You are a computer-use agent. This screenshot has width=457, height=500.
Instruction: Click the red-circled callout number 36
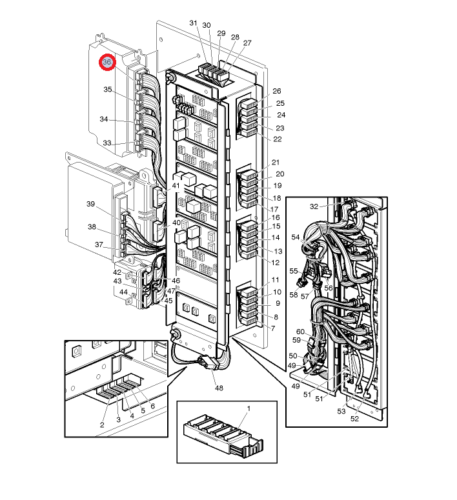(107, 62)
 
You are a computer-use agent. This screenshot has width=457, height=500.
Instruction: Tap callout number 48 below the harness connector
(219, 388)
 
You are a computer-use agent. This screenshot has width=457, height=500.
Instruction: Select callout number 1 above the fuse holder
(249, 408)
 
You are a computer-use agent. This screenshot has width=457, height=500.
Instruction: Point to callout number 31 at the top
(194, 23)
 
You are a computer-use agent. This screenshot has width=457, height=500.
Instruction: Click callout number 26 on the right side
(277, 91)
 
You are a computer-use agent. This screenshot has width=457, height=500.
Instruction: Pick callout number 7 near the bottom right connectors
(273, 328)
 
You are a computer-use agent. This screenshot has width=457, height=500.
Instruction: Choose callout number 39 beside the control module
(90, 204)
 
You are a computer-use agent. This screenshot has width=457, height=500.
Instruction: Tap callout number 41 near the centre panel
(176, 186)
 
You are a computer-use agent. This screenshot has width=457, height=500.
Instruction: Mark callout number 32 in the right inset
(314, 206)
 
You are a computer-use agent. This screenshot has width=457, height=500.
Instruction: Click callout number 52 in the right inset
(354, 419)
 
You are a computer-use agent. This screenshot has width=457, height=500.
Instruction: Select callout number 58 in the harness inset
(294, 295)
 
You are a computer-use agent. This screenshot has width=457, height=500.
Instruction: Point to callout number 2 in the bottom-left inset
(102, 425)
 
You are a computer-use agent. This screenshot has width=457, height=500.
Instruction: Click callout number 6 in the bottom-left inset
(152, 406)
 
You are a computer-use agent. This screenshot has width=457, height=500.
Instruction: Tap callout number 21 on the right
(276, 163)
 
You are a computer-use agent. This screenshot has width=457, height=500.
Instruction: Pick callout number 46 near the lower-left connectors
(176, 281)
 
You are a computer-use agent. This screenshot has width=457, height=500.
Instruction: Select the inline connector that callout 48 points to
(207, 363)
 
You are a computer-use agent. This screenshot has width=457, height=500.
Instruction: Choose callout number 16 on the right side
(276, 217)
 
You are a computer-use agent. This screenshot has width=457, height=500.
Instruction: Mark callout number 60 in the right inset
(300, 332)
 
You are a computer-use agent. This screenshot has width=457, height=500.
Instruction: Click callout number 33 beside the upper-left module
(107, 143)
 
